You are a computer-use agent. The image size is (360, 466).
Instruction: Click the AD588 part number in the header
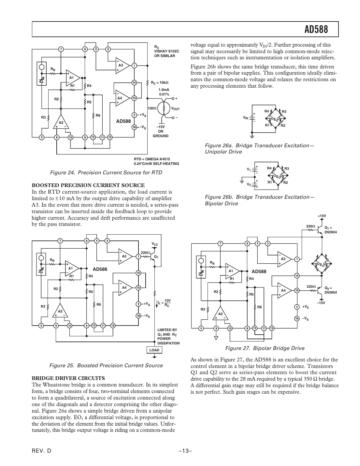(316, 30)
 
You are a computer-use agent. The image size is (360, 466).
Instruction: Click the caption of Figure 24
(106, 172)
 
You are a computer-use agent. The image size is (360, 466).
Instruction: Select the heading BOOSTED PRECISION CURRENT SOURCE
(88, 185)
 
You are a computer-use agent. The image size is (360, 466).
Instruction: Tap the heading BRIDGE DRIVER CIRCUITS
(68, 378)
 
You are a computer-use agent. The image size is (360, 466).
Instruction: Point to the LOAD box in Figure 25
(154, 350)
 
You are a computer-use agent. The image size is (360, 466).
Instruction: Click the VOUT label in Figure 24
(175, 109)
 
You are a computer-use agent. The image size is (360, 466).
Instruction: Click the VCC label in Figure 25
(155, 244)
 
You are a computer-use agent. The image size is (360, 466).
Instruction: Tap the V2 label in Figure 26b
(249, 184)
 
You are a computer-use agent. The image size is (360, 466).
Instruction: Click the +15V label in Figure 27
(322, 216)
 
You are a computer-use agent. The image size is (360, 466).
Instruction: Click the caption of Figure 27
(265, 348)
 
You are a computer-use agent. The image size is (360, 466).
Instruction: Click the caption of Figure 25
(106, 365)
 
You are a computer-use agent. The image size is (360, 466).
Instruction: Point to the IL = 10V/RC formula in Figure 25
(165, 303)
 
